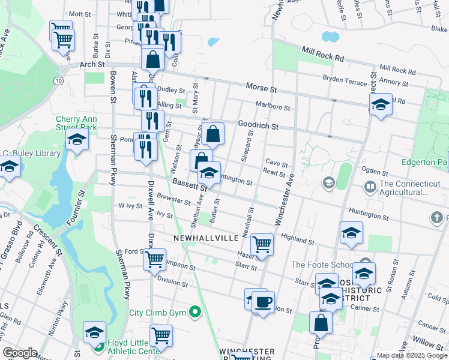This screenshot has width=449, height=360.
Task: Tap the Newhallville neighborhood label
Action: pos(206,238)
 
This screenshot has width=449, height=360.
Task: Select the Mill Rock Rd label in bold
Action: pos(323,55)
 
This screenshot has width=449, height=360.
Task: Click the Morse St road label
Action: pos(261,88)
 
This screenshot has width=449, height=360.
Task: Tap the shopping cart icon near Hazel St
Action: pos(262,244)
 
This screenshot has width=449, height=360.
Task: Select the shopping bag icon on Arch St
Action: pos(153,59)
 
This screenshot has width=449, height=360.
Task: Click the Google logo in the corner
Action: pos(19,353)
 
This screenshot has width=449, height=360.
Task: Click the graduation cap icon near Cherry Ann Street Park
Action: pos(77,141)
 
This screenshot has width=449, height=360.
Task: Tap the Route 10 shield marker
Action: pos(58,80)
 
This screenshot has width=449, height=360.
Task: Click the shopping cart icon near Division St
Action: pos(155,259)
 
